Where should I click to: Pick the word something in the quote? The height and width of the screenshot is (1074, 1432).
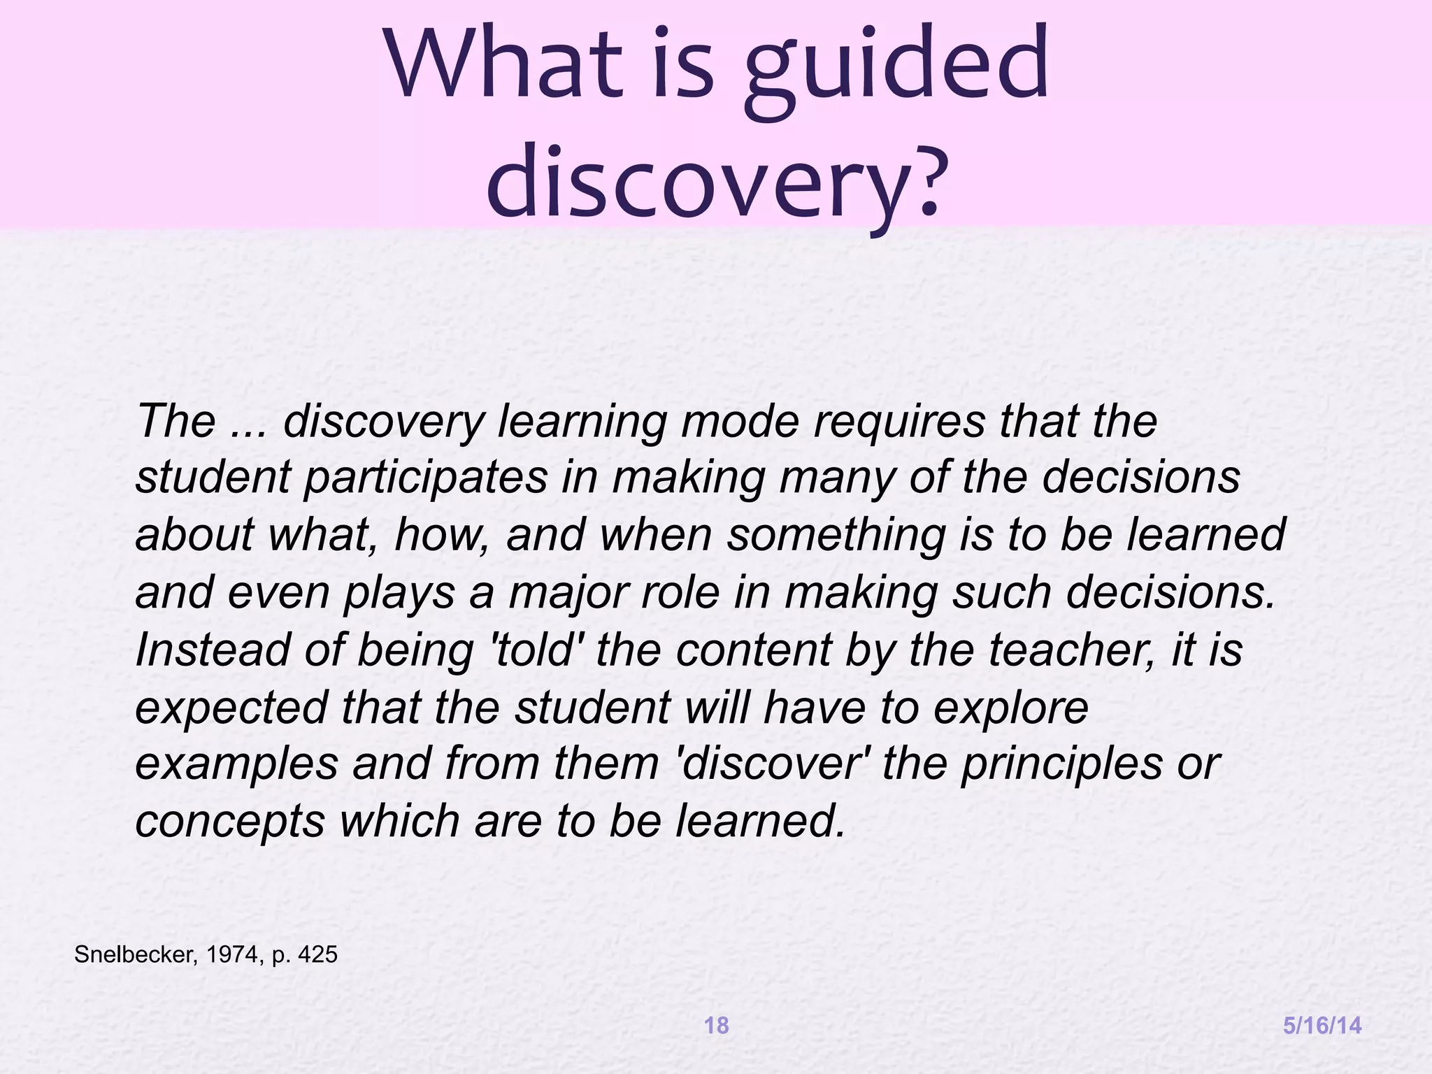pos(836,536)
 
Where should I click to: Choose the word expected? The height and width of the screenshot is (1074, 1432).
pos(231,708)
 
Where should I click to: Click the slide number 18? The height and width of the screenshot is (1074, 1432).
pos(716,1026)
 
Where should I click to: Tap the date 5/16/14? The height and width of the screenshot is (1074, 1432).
pos(1322,1026)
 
